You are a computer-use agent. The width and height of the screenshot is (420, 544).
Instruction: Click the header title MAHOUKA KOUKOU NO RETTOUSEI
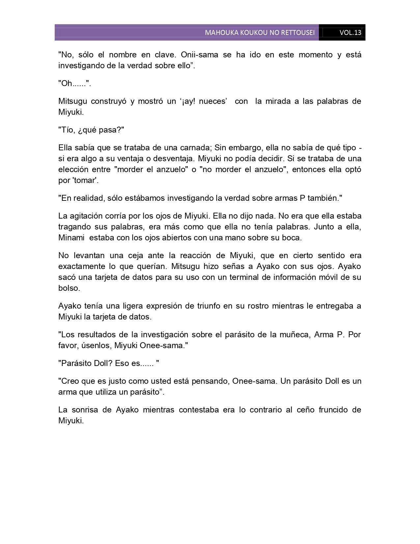coord(260,33)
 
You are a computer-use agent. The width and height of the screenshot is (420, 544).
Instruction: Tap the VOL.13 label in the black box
coord(350,33)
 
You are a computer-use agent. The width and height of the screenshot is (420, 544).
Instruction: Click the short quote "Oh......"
coord(74,83)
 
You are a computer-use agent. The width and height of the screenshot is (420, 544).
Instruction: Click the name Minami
coord(71,238)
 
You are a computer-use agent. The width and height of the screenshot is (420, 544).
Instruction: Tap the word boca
coord(292,238)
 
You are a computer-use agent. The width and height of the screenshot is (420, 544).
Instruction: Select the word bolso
coord(69,288)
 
